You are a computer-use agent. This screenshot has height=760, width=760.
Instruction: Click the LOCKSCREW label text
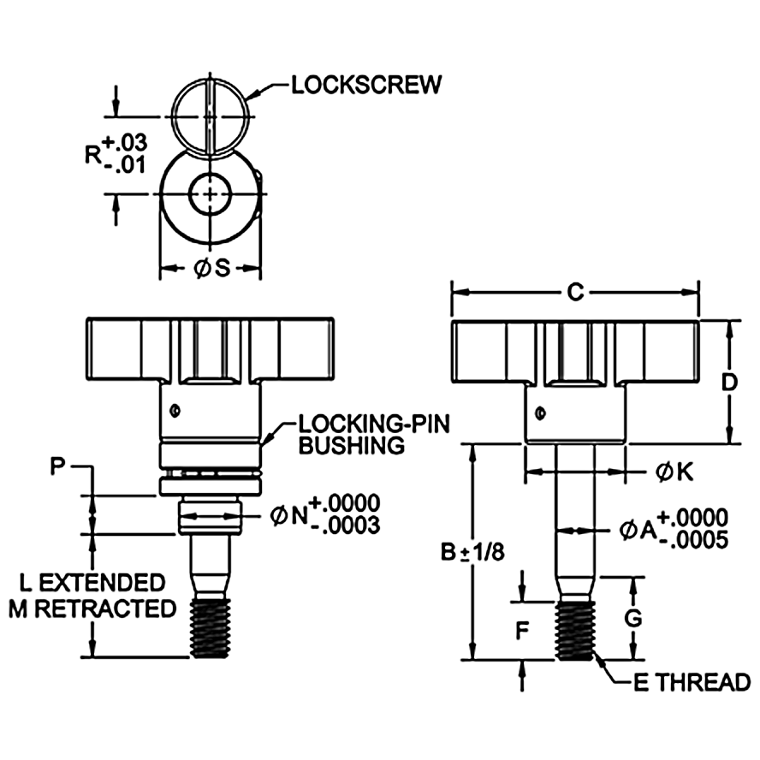pyautogui.click(x=366, y=85)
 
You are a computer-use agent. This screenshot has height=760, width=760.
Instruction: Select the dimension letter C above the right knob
pyautogui.click(x=576, y=293)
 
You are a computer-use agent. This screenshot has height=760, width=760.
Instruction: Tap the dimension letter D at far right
pyautogui.click(x=729, y=382)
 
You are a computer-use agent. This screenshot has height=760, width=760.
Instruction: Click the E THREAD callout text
pyautogui.click(x=692, y=682)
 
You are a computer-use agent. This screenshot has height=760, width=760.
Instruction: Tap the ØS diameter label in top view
pyautogui.click(x=211, y=269)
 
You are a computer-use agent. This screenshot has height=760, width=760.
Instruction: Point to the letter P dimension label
pyautogui.click(x=57, y=466)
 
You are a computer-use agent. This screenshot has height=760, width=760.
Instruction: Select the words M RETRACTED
pyautogui.click(x=92, y=609)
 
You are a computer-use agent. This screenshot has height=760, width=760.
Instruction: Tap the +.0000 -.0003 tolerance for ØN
pyautogui.click(x=346, y=514)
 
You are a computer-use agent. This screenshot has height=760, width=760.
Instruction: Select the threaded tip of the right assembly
pyautogui.click(x=574, y=630)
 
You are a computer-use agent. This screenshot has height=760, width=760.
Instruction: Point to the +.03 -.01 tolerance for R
pyautogui.click(x=117, y=153)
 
